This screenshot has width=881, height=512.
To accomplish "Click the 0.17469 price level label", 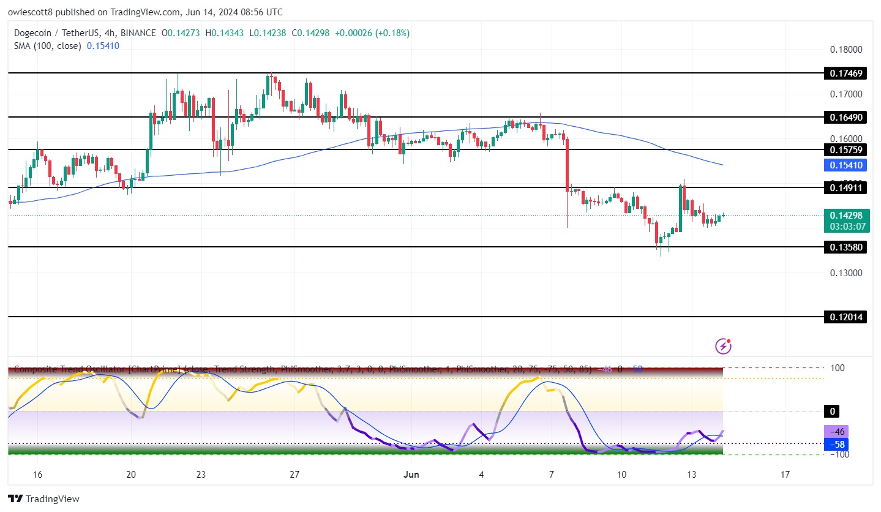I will tap(845, 73).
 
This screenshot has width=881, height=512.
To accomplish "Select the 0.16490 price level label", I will tap(845, 117).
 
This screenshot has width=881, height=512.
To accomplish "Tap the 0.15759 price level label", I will tap(845, 150).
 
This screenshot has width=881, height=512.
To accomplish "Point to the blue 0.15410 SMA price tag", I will tap(845, 165).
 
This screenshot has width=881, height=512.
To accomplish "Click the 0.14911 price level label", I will tap(845, 188).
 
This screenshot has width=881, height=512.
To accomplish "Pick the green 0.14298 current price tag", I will tap(845, 216).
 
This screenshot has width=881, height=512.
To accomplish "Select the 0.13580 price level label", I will tap(845, 247).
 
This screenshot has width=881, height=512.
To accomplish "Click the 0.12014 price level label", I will tap(845, 317).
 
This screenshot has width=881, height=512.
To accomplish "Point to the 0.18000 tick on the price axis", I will tap(845, 50).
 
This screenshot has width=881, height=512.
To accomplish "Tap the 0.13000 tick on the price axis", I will tap(845, 273).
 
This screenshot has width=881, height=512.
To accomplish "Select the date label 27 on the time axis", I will tap(294, 474).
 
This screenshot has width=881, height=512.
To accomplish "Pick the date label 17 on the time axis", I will tap(785, 474).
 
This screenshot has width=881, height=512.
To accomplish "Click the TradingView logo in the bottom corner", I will tap(43, 499).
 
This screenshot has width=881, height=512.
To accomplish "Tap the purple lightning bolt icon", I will tap(723, 346).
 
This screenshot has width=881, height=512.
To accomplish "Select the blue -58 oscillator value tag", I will tap(837, 443).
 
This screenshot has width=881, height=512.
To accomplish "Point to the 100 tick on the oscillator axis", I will tap(836, 368).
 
